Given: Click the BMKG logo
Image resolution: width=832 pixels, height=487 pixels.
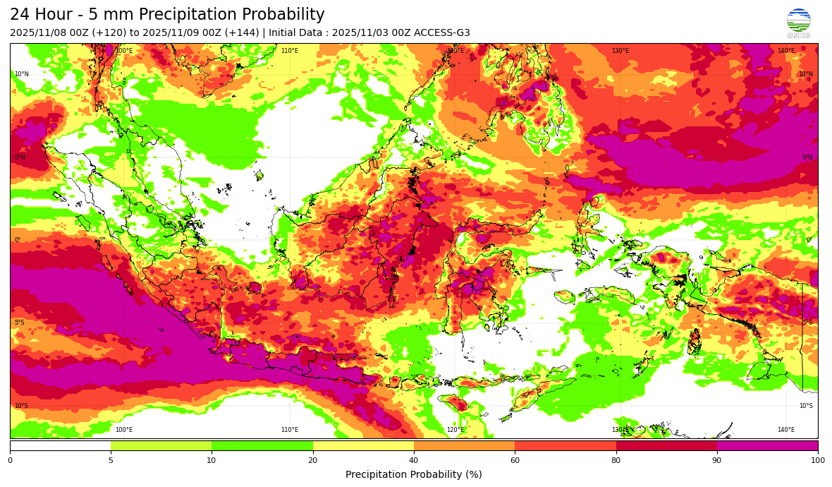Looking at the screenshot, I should [798, 22].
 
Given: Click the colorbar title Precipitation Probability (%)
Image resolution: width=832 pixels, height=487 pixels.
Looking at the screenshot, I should [414, 474].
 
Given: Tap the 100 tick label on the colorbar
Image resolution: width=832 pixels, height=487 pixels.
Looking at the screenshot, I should [818, 460].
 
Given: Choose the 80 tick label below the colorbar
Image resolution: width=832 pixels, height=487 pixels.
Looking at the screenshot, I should [616, 460].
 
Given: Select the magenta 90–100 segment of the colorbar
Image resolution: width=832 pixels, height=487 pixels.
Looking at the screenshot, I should [767, 445].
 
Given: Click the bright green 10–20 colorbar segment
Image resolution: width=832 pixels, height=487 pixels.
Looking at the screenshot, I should [262, 445].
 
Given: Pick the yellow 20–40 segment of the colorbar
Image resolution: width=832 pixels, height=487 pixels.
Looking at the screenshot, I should [363, 445].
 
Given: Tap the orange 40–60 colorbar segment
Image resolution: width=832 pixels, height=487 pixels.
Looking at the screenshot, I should [464, 445].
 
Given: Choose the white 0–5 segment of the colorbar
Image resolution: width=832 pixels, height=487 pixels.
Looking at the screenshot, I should [60, 445].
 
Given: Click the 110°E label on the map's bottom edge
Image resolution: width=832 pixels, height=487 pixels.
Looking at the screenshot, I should [290, 430].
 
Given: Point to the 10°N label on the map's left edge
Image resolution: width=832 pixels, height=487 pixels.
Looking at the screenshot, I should [22, 74].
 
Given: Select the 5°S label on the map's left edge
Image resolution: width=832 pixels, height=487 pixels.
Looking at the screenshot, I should [20, 323].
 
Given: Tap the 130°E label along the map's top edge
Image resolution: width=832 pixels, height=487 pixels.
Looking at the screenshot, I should [620, 51].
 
